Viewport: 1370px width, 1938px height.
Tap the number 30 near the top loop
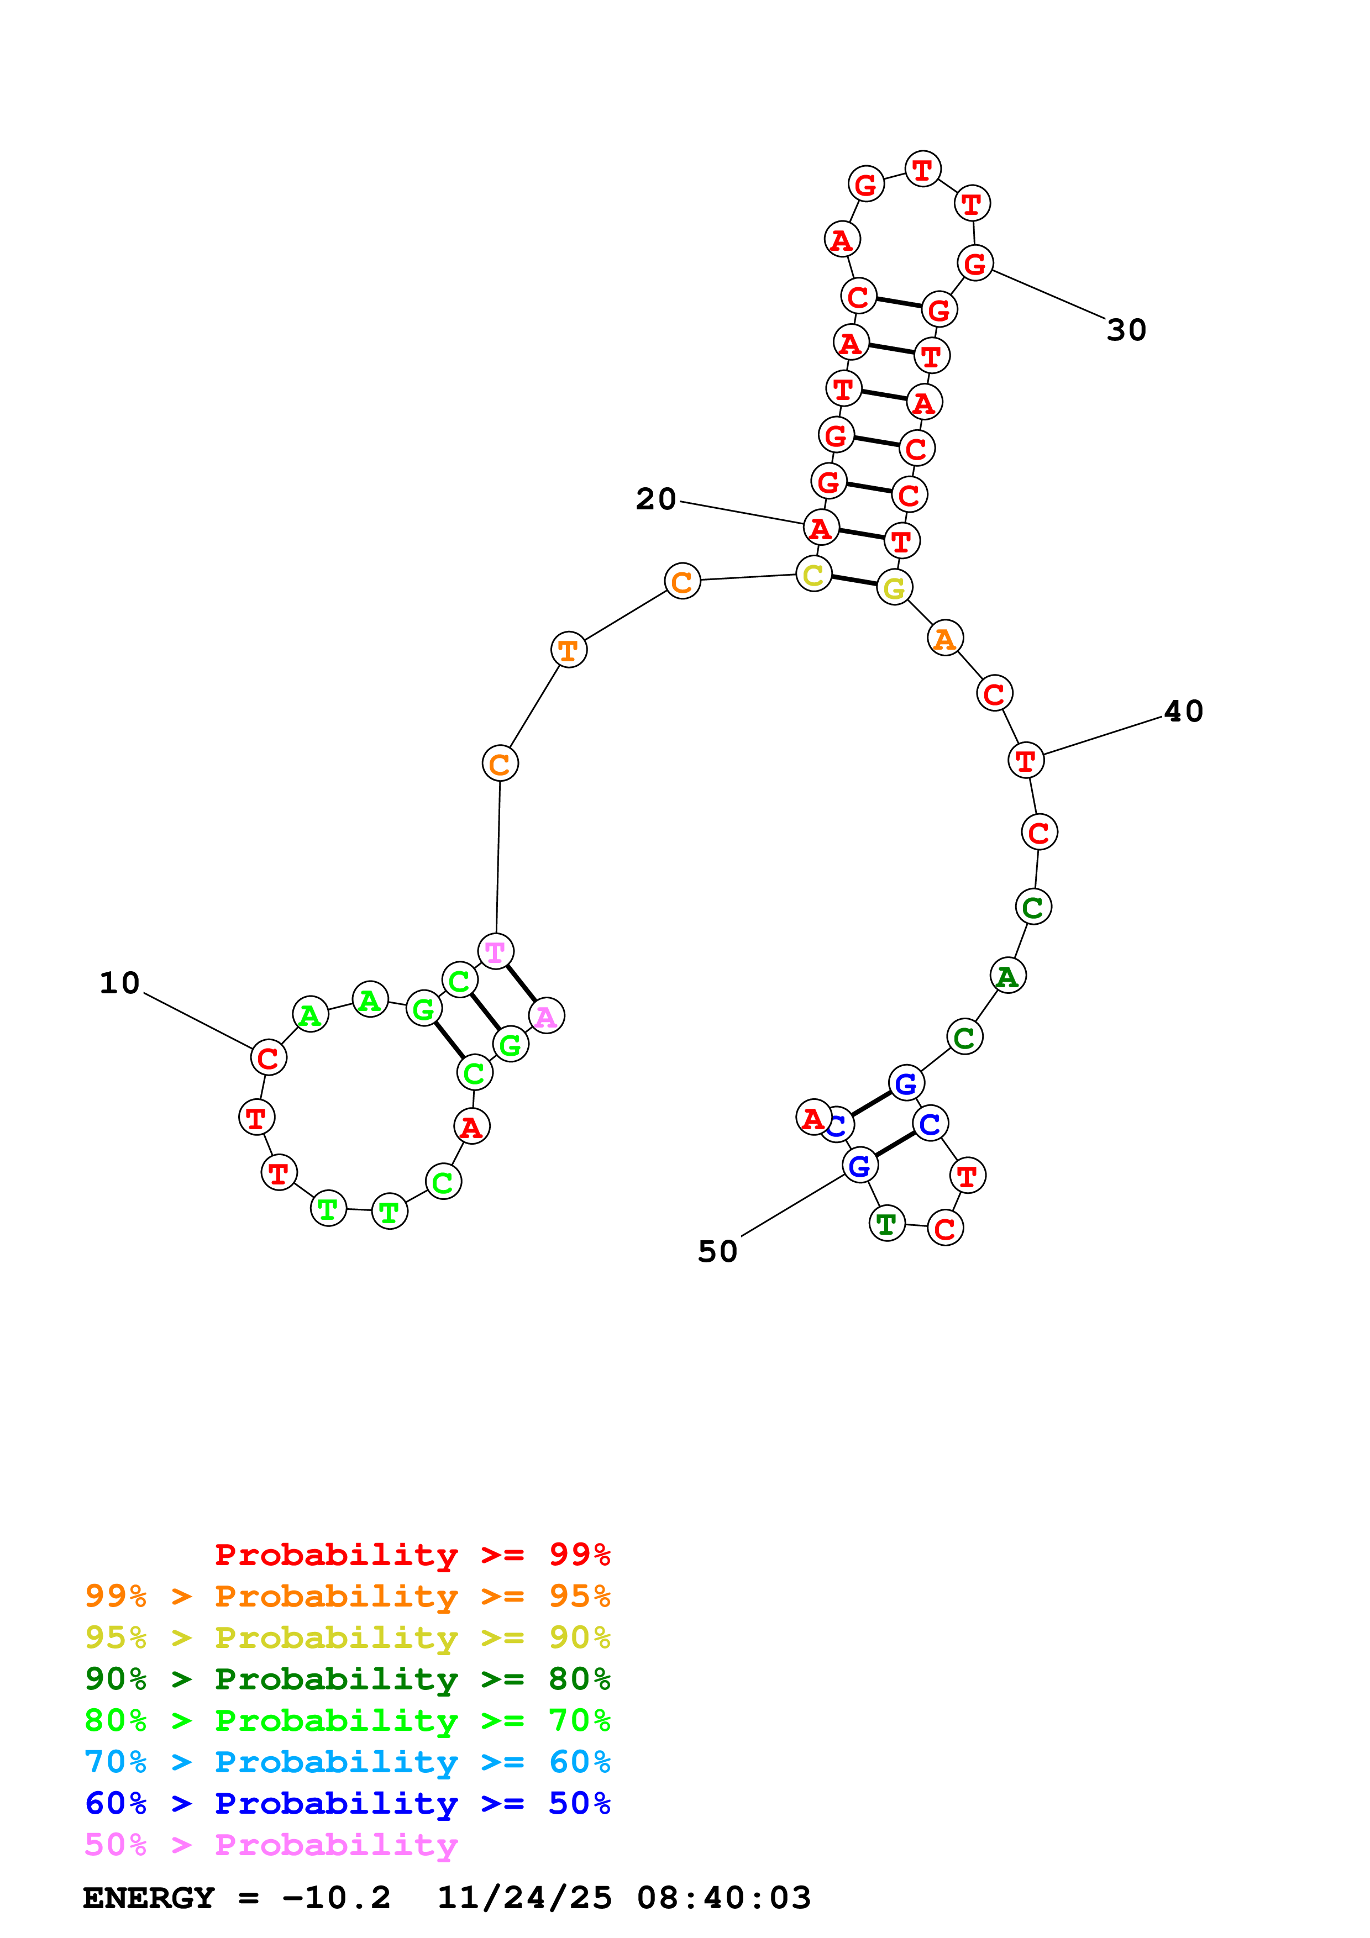(1126, 330)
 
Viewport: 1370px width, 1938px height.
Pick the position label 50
(717, 1252)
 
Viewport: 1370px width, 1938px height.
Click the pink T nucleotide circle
(496, 952)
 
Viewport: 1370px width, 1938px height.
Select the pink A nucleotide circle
(546, 1017)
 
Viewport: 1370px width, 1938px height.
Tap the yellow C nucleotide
(813, 575)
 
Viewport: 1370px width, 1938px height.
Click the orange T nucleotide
(568, 650)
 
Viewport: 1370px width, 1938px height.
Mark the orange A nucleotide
(944, 639)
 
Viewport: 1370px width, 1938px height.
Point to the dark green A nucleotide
(1007, 977)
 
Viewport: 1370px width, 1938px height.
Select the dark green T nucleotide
(886, 1223)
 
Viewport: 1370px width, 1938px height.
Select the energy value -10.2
(336, 1898)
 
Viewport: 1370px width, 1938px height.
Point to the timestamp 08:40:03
(723, 1898)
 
